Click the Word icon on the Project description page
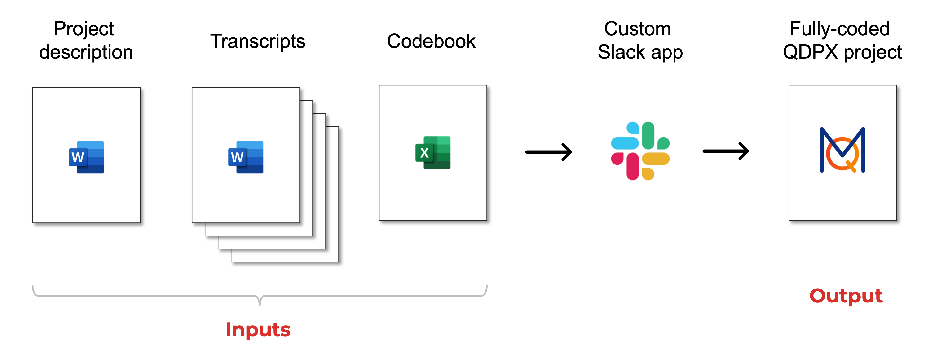coord(86,157)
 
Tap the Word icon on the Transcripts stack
coord(246,157)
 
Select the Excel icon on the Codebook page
coord(433,152)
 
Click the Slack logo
coord(640,151)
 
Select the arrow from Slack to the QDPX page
coord(726,151)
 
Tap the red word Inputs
coord(258,330)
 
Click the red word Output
coord(846,296)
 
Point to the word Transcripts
coord(258,41)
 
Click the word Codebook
coord(431,41)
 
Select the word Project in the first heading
coord(84,29)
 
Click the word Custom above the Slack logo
coord(637,29)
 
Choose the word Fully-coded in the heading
coord(839,29)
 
